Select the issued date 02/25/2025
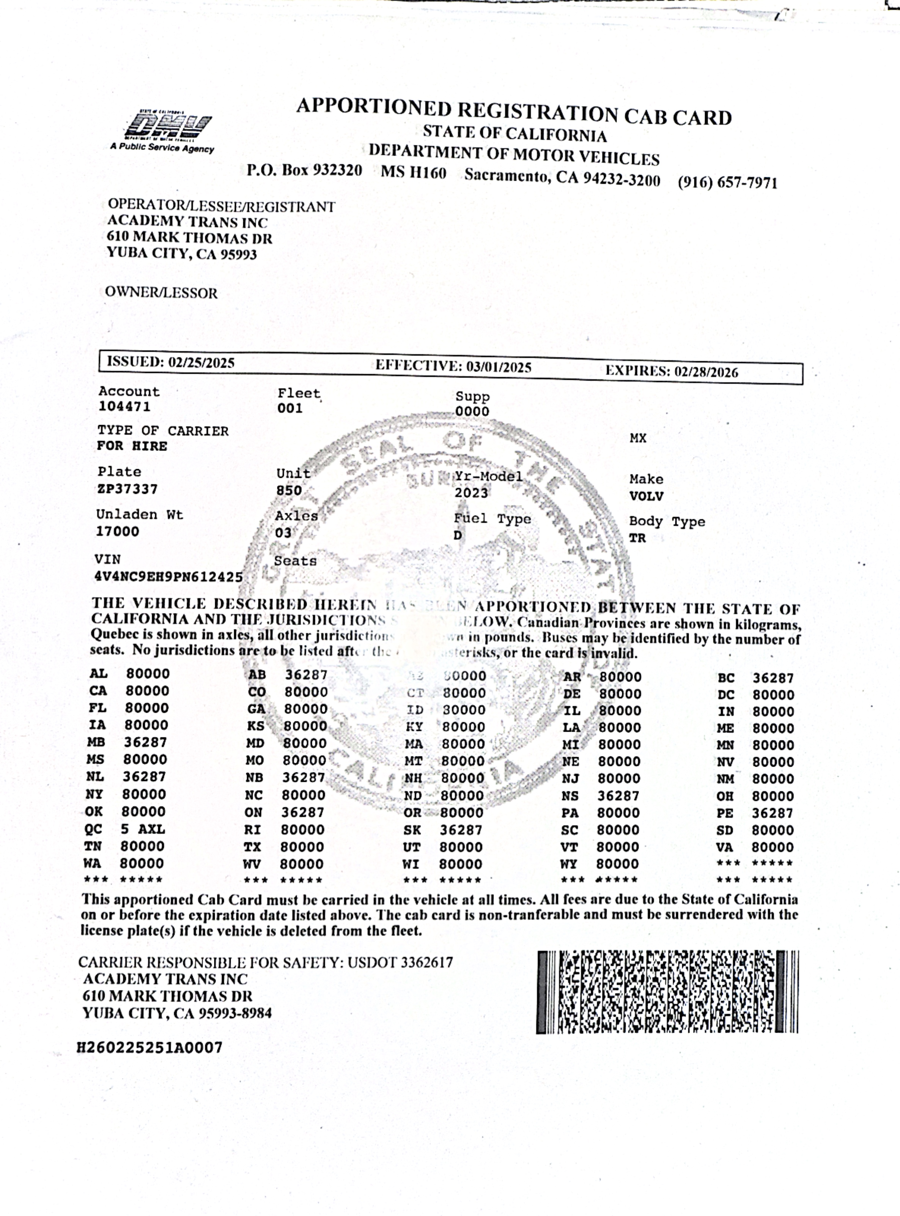pyautogui.click(x=201, y=363)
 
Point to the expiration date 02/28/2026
pyautogui.click(x=706, y=372)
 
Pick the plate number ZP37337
pyautogui.click(x=127, y=489)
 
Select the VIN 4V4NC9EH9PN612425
pyautogui.click(x=168, y=576)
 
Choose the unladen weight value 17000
pyautogui.click(x=117, y=531)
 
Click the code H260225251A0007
pyautogui.click(x=150, y=1047)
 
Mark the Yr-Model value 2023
pyautogui.click(x=471, y=493)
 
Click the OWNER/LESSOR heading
pyautogui.click(x=161, y=293)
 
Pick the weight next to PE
pyautogui.click(x=773, y=813)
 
